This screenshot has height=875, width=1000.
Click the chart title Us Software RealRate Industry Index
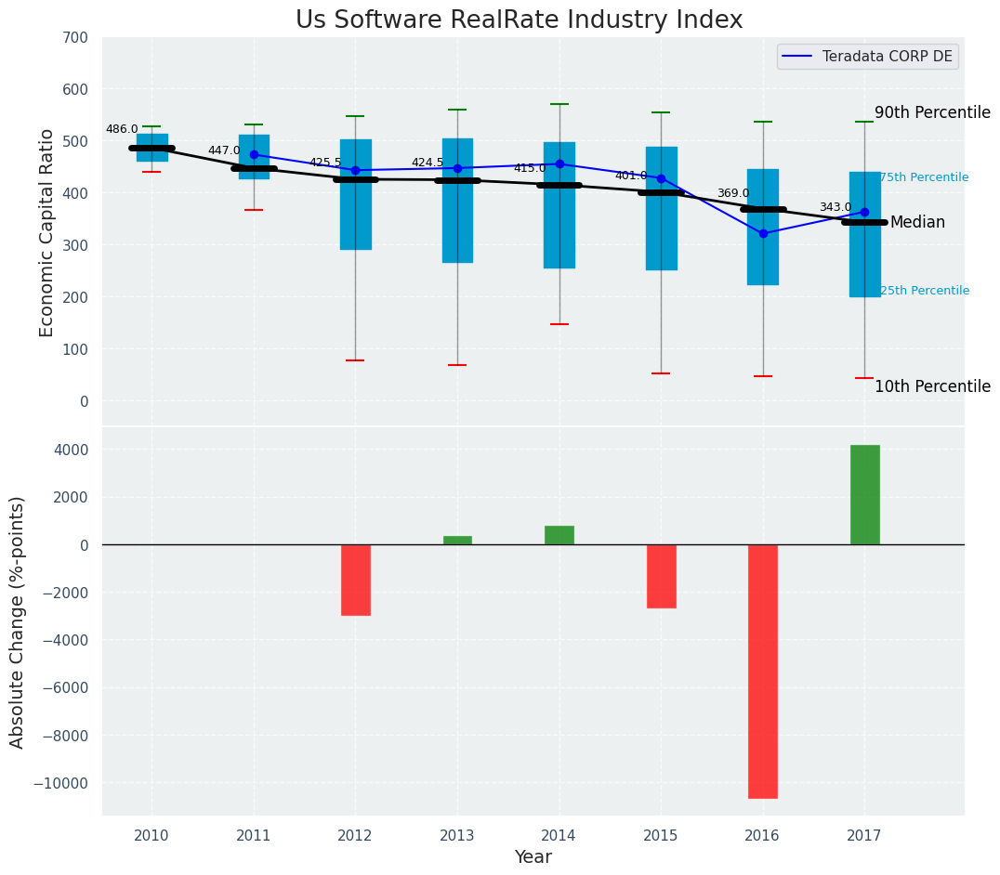click(519, 20)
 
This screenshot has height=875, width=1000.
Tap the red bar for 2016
click(763, 671)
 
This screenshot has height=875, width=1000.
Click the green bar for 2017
click(864, 494)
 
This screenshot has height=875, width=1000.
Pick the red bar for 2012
click(355, 580)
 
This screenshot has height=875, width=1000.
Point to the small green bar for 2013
click(457, 540)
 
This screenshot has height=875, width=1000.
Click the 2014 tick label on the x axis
click(559, 836)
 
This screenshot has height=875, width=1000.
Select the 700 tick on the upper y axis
click(74, 37)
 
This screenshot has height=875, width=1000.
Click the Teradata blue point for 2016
click(763, 234)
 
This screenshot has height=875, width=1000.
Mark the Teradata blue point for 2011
click(254, 155)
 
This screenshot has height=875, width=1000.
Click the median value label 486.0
click(122, 130)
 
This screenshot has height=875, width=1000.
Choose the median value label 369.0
click(733, 194)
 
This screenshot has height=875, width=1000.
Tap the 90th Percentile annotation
click(932, 112)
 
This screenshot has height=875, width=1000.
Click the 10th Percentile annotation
click(932, 387)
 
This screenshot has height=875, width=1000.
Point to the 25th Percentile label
click(924, 292)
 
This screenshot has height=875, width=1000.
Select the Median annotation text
click(917, 223)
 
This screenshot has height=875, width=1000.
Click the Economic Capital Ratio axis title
click(47, 232)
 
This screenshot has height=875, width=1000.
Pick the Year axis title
click(533, 857)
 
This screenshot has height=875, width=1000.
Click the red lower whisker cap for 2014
click(559, 324)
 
